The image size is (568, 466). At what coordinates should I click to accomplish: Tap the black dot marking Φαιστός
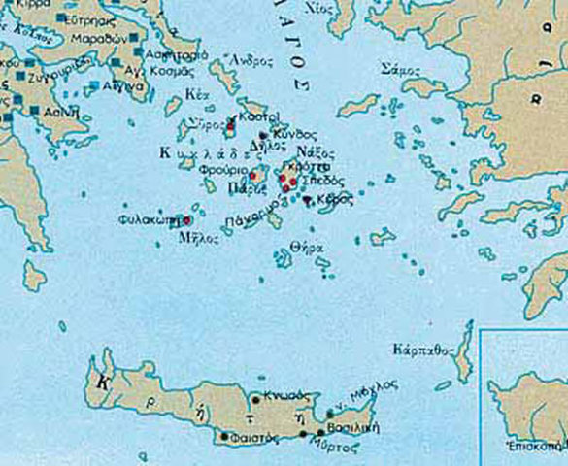tap(226, 437)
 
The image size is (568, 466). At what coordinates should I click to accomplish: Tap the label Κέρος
tap(331, 199)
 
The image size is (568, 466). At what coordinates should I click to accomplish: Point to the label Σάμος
tap(401, 70)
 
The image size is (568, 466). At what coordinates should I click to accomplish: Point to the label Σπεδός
tap(319, 181)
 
